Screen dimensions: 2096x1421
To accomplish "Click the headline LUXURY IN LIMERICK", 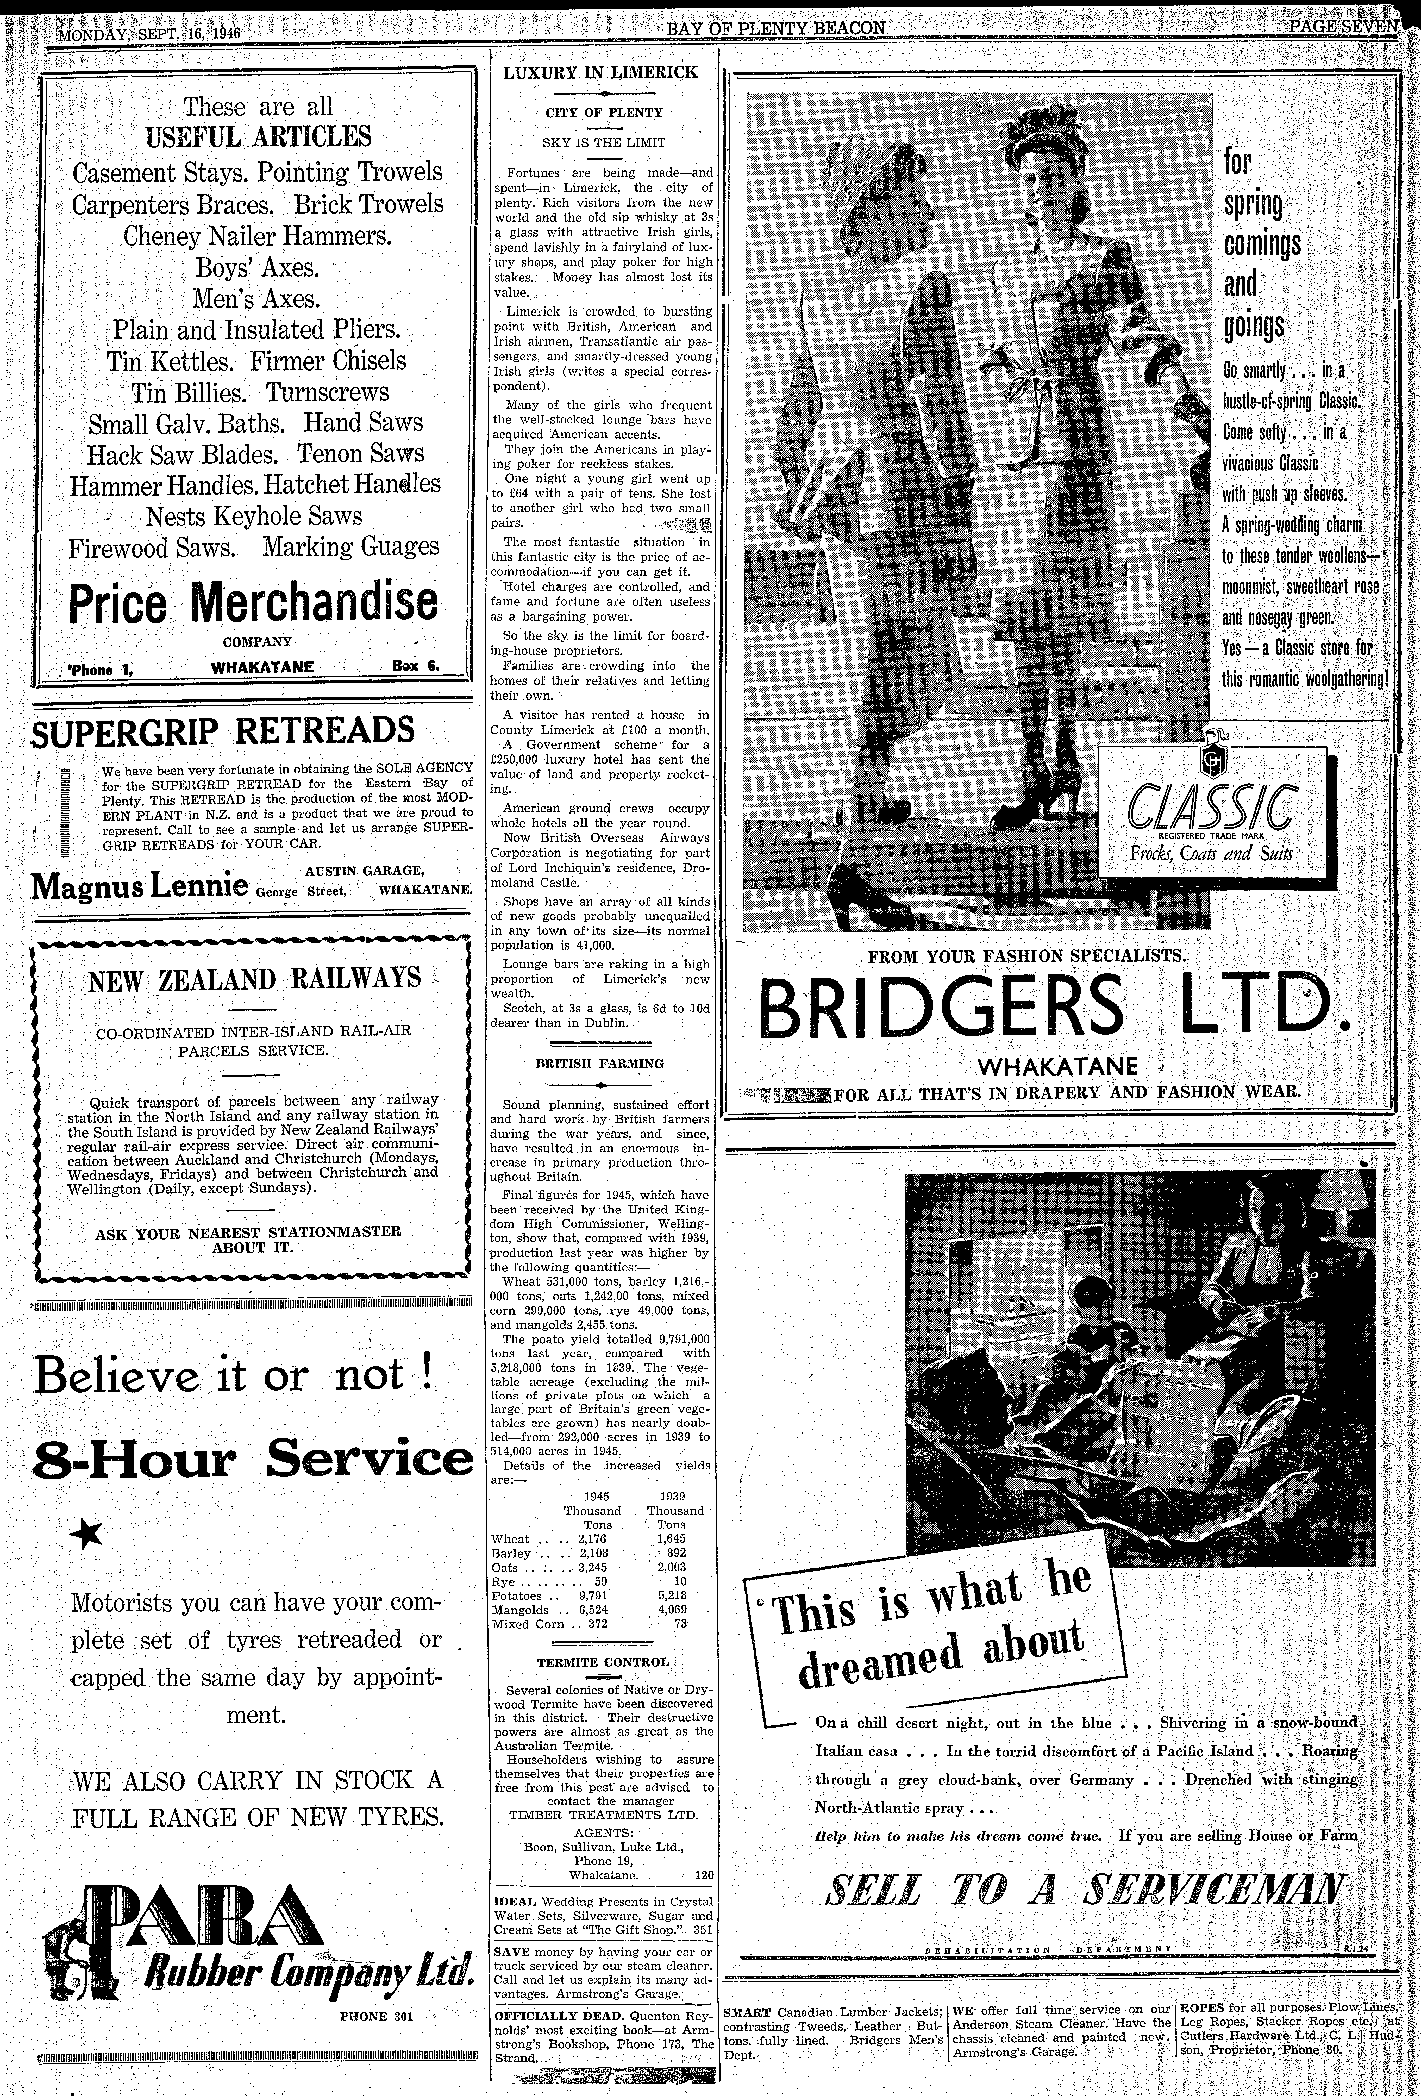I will (x=600, y=72).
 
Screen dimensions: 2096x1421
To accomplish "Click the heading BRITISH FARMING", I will (x=600, y=1063).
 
